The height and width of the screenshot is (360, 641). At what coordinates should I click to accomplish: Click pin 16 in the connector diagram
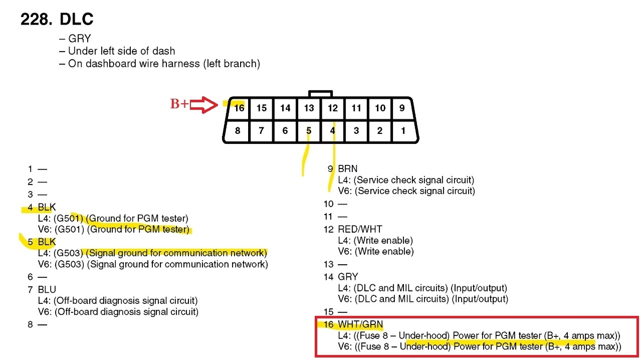(x=239, y=108)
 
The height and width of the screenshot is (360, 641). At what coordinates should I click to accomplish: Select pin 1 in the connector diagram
(x=403, y=131)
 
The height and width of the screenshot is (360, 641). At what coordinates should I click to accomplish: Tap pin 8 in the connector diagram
(x=238, y=131)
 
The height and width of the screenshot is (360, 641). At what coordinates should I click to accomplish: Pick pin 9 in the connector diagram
(x=401, y=108)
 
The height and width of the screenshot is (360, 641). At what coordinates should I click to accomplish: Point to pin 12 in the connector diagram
(x=333, y=108)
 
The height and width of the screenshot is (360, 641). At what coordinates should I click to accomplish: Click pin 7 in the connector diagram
(x=261, y=131)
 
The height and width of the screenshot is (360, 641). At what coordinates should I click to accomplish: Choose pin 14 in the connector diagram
(x=285, y=108)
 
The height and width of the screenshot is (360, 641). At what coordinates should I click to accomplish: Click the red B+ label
(x=179, y=104)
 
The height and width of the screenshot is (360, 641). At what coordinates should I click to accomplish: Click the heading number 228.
(x=36, y=20)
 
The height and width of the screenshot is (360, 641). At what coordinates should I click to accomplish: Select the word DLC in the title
(x=76, y=20)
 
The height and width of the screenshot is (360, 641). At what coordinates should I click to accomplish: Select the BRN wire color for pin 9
(x=348, y=169)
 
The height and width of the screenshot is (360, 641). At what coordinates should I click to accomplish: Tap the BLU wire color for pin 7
(x=47, y=289)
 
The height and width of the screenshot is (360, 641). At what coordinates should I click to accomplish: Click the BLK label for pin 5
(x=47, y=242)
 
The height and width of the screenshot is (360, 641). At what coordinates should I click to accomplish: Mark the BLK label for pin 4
(x=47, y=207)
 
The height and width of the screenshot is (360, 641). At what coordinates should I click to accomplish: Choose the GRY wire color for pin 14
(x=348, y=277)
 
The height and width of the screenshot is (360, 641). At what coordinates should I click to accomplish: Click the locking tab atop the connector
(x=320, y=94)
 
